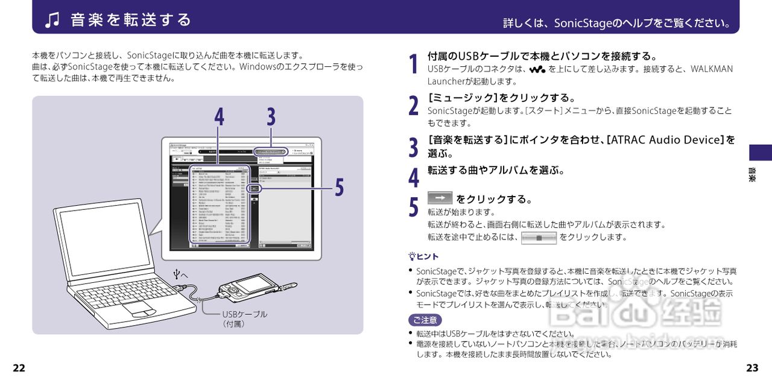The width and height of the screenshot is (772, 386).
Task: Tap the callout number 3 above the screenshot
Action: pos(271,116)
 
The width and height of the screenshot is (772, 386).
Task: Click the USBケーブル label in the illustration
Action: pos(244,314)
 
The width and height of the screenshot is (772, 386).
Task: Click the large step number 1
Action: pos(413,64)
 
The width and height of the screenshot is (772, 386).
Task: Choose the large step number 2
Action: pos(413,106)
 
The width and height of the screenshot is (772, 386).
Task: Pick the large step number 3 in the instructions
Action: pos(413,147)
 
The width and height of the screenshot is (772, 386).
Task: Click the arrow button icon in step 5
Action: pos(440,198)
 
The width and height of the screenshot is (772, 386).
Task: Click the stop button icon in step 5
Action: pos(539,238)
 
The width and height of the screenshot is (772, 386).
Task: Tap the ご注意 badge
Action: pos(425,320)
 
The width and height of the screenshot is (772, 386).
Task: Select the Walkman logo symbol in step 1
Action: pos(537,69)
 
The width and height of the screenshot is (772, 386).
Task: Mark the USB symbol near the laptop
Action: pos(177,275)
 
